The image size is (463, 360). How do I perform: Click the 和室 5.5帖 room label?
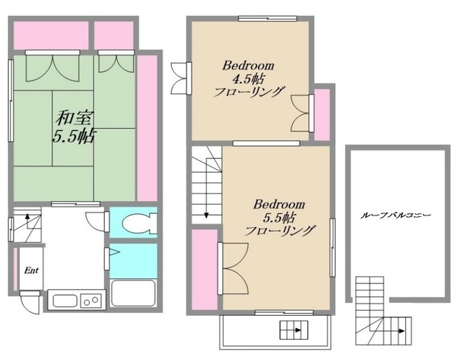pyautogui.click(x=75, y=127)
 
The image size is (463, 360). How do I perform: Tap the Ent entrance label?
pyautogui.click(x=31, y=270)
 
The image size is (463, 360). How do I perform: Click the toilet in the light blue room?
pyautogui.click(x=140, y=223)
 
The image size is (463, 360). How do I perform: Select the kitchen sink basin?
pyautogui.click(x=65, y=301)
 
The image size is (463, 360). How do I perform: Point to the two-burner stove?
pyautogui.click(x=91, y=301)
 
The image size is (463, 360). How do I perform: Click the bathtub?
pyautogui.click(x=133, y=293)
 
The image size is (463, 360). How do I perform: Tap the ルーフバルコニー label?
pyautogui.click(x=396, y=215)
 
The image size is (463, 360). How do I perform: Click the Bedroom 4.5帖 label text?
pyautogui.click(x=249, y=79)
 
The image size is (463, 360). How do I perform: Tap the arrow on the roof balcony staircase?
pyautogui.click(x=402, y=331)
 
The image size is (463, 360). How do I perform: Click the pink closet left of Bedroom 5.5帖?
pyautogui.click(x=205, y=270)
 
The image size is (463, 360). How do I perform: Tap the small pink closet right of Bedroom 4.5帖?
pyautogui.click(x=322, y=115)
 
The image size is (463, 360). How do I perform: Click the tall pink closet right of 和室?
pyautogui.click(x=147, y=129)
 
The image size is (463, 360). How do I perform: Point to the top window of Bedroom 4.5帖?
pyautogui.click(x=268, y=19)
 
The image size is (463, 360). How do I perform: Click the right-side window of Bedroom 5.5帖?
pyautogui.click(x=333, y=247)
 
